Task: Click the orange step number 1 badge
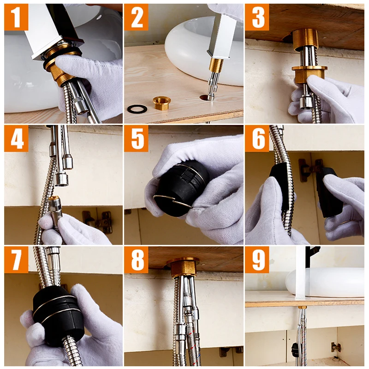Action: coord(16,17)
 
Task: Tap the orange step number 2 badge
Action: coord(136,17)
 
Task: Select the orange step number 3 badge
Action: coord(257,17)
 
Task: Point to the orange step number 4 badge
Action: coord(16,138)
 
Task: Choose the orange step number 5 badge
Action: coord(136,138)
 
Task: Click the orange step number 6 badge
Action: coord(257,138)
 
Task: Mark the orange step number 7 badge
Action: coord(16,260)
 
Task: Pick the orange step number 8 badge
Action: coord(136,260)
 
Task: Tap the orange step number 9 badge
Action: coord(257,260)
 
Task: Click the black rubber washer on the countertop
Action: coord(137,109)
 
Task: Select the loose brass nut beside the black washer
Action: coord(162,103)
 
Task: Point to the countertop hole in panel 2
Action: coord(205,97)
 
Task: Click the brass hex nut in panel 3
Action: coord(309,74)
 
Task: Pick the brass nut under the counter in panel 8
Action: coord(183,268)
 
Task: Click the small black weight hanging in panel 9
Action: coord(295,350)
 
